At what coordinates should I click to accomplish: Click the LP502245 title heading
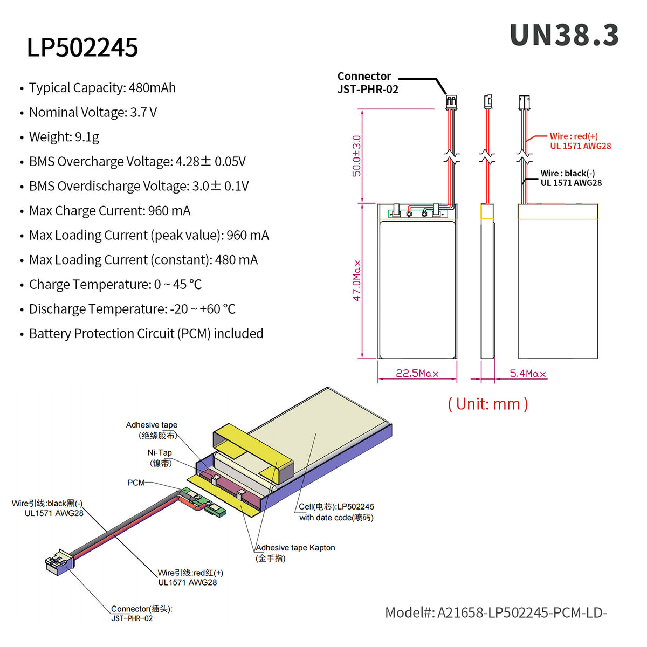tap(82, 47)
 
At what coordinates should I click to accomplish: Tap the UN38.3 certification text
tap(564, 36)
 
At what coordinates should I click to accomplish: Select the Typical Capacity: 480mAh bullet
tap(102, 88)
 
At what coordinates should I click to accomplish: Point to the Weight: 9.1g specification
tap(64, 137)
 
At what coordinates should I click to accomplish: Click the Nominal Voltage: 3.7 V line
tap(93, 113)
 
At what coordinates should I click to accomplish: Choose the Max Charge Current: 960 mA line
tap(109, 211)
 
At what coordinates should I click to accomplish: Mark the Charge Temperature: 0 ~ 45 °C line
tap(115, 285)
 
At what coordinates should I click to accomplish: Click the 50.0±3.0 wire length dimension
tap(356, 156)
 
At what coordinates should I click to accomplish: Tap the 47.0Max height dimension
tap(356, 280)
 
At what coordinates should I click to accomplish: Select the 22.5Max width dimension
tap(417, 374)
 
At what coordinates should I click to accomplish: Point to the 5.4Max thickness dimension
tap(527, 374)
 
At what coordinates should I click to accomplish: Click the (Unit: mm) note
tap(488, 404)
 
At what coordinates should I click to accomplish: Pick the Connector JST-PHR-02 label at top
tap(368, 83)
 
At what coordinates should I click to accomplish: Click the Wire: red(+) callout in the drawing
tap(580, 141)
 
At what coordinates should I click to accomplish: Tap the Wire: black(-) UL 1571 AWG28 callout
tap(571, 178)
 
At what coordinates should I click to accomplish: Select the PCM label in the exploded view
tap(136, 483)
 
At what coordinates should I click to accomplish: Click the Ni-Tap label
tap(160, 458)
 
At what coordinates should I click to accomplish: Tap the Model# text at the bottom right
tap(495, 613)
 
